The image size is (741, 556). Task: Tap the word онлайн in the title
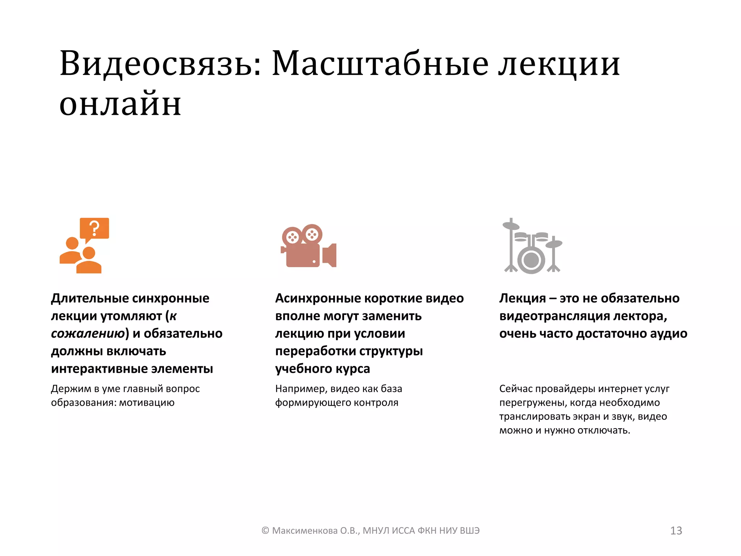click(x=120, y=104)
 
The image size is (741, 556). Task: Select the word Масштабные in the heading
click(x=380, y=64)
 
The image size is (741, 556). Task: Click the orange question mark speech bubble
click(x=94, y=229)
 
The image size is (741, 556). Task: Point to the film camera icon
click(x=308, y=246)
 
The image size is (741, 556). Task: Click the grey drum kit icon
click(x=532, y=246)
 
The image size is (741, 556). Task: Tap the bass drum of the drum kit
click(x=531, y=260)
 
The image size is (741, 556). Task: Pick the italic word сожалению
click(x=88, y=333)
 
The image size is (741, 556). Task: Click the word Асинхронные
click(x=317, y=298)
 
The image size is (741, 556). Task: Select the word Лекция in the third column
click(x=522, y=298)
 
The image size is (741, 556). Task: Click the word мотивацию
click(x=147, y=403)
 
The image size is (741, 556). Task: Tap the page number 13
click(x=676, y=531)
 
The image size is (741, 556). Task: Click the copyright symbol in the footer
click(x=265, y=531)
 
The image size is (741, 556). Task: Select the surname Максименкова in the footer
click(x=304, y=531)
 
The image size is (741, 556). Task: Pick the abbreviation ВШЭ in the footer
click(x=469, y=531)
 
